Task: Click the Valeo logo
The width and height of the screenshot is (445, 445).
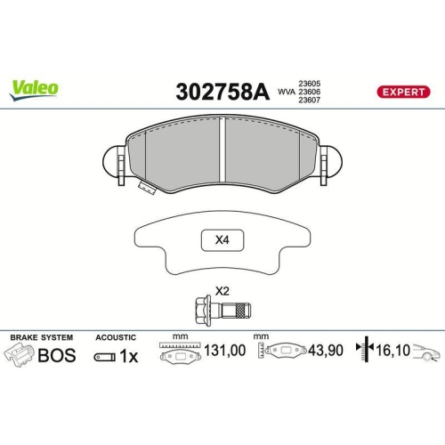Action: [x=35, y=88]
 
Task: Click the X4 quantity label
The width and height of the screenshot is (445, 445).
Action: [x=222, y=239]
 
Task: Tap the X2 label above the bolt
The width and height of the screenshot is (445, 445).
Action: [x=222, y=291]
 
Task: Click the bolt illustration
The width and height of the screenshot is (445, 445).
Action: [x=222, y=310]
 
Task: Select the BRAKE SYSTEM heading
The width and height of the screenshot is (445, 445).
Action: [x=41, y=338]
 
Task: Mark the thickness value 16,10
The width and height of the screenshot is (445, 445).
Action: [x=391, y=352]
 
